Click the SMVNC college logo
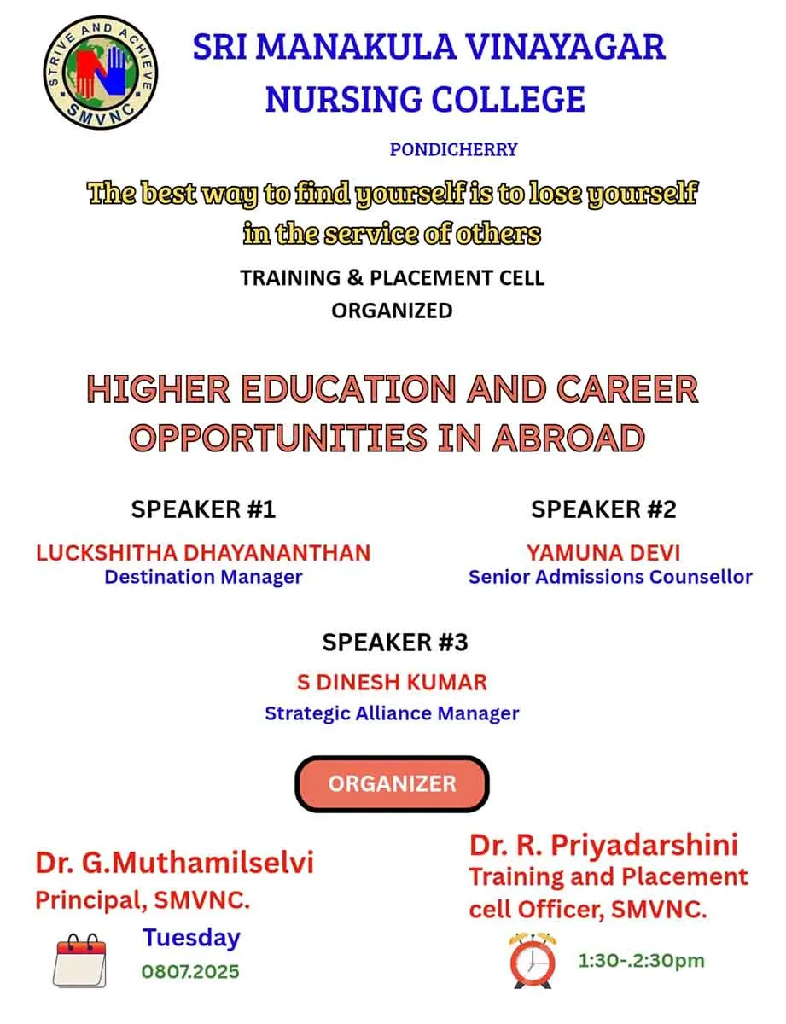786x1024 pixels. [101, 72]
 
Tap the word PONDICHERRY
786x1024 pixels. [453, 149]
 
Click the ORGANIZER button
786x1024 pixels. [392, 783]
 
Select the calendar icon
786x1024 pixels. [79, 960]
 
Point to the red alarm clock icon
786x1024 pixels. [533, 960]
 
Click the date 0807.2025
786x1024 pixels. [191, 971]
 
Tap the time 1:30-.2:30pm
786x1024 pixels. [641, 960]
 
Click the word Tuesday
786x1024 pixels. [192, 937]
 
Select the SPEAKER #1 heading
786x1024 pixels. [203, 509]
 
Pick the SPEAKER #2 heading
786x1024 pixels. [603, 509]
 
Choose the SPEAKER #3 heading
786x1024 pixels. [395, 642]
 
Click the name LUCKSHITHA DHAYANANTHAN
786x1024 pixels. [204, 553]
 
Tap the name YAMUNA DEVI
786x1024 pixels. [603, 553]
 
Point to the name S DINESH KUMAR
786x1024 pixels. [392, 683]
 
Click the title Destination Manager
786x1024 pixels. [204, 577]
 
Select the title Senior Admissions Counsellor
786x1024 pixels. [611, 577]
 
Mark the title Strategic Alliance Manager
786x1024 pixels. [392, 713]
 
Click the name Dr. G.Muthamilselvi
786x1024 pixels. [174, 863]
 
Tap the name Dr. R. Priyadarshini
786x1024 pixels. [603, 844]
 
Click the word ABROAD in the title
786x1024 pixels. [568, 438]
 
